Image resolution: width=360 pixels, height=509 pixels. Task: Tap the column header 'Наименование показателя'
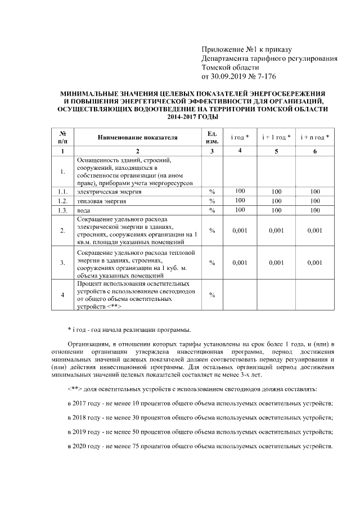point(137,137)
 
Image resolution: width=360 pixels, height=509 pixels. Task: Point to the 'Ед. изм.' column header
point(213,137)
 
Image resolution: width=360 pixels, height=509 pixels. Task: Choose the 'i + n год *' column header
point(315,137)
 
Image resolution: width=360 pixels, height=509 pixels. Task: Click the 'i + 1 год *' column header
point(276,137)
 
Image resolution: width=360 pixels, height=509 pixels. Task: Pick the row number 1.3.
point(62,210)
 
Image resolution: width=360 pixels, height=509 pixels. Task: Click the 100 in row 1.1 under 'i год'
point(240,192)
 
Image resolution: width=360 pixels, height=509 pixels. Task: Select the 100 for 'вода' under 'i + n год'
point(315,210)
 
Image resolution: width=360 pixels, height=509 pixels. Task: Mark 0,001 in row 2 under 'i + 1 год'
point(276,231)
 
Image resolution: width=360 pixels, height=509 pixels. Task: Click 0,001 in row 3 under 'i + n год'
point(315,262)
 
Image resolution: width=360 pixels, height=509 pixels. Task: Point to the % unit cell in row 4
point(213,294)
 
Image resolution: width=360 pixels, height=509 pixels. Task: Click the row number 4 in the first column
point(62,294)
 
